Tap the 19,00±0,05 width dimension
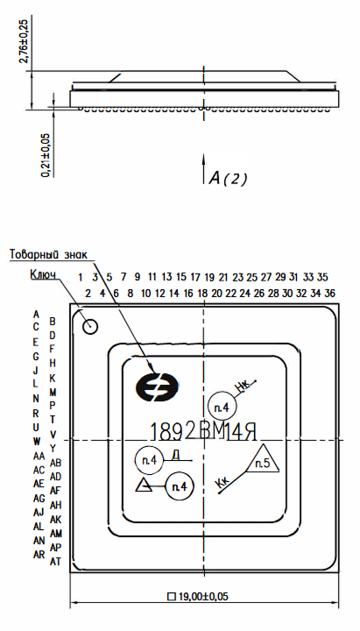coord(197,596)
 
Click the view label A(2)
coord(227,178)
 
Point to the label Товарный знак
coord(48,255)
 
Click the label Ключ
coord(43,274)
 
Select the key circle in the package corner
coord(89,326)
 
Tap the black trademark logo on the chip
coord(157,387)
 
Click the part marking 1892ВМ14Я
coord(203,432)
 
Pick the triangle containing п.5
coord(263,461)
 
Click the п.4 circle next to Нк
coord(222,408)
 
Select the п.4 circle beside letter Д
coord(149,461)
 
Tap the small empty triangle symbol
coord(144,486)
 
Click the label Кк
coord(222,484)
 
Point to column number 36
coord(329,293)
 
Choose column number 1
coord(81,277)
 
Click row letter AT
coord(55,562)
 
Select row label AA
coord(39,457)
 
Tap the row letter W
coord(37,441)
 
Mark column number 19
coord(209,277)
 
